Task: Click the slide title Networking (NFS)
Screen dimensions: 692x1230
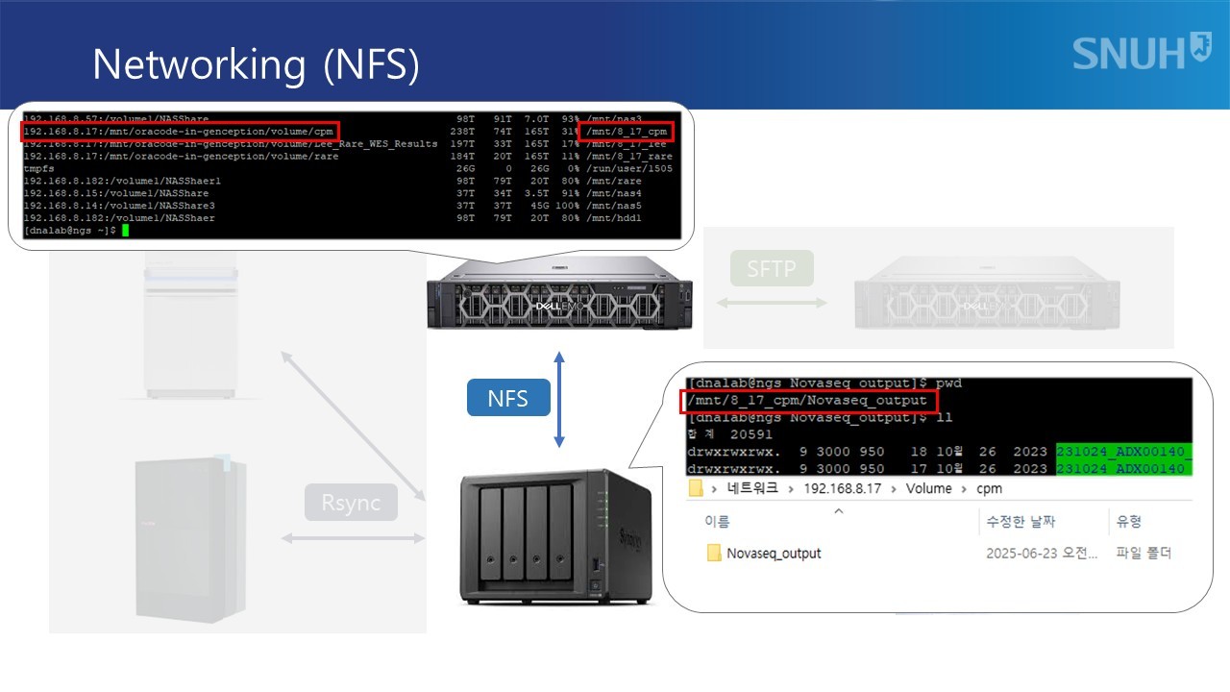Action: (256, 64)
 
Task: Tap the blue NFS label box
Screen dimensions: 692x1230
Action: (507, 398)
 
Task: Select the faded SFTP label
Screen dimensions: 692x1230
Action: (771, 268)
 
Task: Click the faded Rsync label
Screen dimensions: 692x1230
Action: (351, 502)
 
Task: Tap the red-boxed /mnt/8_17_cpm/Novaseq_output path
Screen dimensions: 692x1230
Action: (807, 400)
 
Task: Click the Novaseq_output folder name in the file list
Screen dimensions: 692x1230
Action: (774, 553)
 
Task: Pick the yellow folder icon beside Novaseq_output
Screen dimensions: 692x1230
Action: (714, 553)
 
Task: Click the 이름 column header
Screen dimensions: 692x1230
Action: (717, 522)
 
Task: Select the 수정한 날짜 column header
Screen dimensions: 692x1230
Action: (1021, 522)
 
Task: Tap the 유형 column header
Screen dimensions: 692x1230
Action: (1128, 522)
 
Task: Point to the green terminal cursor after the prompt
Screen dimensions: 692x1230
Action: (125, 231)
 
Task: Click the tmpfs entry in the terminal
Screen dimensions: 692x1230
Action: (38, 168)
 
